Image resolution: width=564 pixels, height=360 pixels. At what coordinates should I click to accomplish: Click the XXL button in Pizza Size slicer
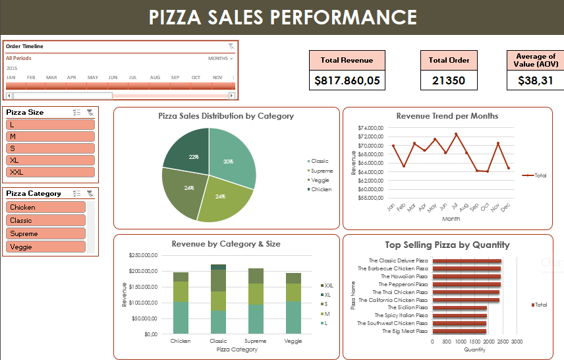pos(50,172)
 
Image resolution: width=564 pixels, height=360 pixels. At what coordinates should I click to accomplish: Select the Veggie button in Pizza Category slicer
pos(46,247)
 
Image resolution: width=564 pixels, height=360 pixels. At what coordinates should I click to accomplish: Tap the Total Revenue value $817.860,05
pos(347,80)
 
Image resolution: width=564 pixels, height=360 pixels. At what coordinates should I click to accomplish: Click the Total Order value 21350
pos(449,80)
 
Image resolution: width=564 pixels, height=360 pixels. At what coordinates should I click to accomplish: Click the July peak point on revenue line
pos(456,134)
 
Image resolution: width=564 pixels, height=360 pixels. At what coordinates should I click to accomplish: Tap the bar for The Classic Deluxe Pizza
pos(466,261)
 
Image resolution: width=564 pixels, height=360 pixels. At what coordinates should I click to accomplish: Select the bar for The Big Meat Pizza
pos(459,331)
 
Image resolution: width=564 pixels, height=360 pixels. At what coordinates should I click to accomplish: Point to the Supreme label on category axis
pos(256,341)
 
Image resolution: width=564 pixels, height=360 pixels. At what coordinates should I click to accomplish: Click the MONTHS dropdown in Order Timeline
pos(220,59)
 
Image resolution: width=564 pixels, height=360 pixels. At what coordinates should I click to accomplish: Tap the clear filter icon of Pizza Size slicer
pos(90,113)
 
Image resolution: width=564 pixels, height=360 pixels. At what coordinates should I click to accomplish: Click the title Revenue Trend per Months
pos(447,116)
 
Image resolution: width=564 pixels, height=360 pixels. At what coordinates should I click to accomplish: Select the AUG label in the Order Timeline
pos(155,77)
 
